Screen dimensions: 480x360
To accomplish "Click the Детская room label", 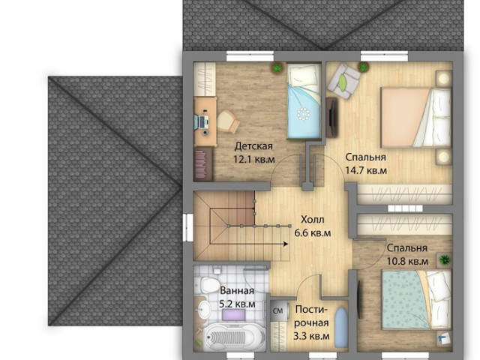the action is tap(253, 146).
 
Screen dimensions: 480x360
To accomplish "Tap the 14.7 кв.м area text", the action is tap(366, 170).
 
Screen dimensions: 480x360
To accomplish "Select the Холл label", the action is tap(312, 220).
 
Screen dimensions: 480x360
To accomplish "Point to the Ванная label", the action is tap(237, 290).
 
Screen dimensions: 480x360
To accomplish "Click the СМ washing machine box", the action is tap(278, 311).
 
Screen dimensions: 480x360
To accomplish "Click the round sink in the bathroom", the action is tap(204, 308).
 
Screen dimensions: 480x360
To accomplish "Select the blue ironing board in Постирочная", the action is tap(341, 327).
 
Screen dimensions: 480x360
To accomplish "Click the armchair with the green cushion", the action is tap(343, 81).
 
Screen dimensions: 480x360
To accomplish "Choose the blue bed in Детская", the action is tap(304, 101).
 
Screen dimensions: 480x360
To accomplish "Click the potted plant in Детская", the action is tap(277, 67).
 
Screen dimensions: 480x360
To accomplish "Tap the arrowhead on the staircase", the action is tap(285, 244).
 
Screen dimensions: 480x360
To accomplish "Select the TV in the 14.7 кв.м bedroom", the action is tap(331, 117).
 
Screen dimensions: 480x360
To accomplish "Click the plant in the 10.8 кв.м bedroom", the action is tap(444, 260).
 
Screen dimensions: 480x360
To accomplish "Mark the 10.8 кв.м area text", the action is tap(407, 262).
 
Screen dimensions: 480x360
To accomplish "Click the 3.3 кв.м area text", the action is tap(311, 337).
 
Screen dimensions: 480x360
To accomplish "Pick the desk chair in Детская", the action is tap(228, 121).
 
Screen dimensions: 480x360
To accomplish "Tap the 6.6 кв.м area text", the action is tap(312, 233).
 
